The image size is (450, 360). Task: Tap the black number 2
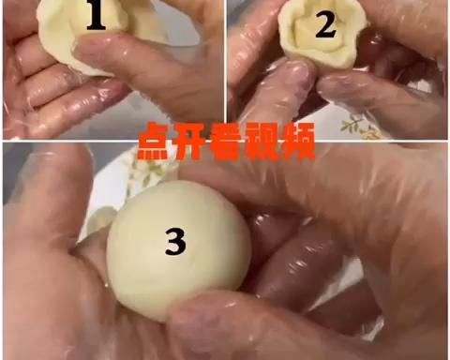(x=324, y=25)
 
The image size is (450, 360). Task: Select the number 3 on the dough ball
(x=175, y=243)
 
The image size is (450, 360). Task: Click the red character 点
(x=154, y=143)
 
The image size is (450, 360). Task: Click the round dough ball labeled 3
(x=178, y=253)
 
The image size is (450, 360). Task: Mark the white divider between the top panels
(x=226, y=66)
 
